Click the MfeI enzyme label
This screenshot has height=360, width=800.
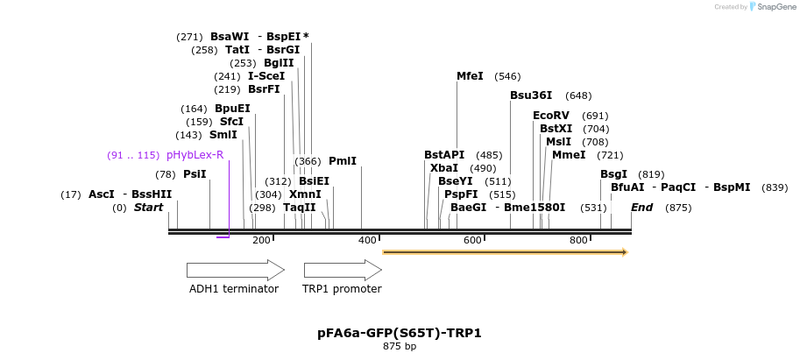pyautogui.click(x=470, y=76)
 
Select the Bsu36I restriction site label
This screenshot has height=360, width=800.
pyautogui.click(x=531, y=95)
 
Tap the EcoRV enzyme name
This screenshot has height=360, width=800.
pyautogui.click(x=551, y=116)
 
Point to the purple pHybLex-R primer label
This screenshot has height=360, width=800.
pyautogui.click(x=195, y=155)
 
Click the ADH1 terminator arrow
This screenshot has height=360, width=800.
pyautogui.click(x=235, y=270)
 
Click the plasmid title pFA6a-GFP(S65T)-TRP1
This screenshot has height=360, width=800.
pyautogui.click(x=400, y=334)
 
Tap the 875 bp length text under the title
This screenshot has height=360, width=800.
pyautogui.click(x=400, y=347)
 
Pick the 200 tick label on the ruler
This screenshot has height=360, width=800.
pyautogui.click(x=261, y=240)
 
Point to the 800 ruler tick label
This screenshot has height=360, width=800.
pyautogui.click(x=578, y=240)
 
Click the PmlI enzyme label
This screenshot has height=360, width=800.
pyautogui.click(x=343, y=161)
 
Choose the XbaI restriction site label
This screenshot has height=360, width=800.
pyautogui.click(x=444, y=168)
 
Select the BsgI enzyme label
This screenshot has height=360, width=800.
pyautogui.click(x=613, y=174)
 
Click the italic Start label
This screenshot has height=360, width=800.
pyautogui.click(x=148, y=208)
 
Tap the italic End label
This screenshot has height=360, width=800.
pyautogui.click(x=642, y=208)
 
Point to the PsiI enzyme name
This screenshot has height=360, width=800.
pyautogui.click(x=195, y=174)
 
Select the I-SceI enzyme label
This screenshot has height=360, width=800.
pyautogui.click(x=266, y=76)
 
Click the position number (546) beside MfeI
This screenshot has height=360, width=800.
pyautogui.click(x=507, y=76)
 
